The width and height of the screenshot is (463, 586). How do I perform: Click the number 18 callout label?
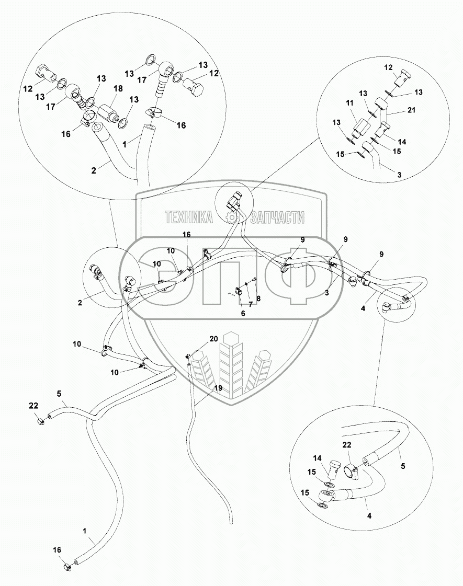click(118, 88)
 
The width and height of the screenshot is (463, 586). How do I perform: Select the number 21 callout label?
click(411, 110)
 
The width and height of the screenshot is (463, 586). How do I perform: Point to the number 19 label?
click(218, 388)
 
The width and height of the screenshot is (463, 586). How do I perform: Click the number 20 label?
click(213, 339)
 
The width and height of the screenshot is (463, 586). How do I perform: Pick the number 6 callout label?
click(243, 314)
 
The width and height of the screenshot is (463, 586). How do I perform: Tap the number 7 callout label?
click(251, 305)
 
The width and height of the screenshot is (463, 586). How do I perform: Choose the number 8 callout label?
click(258, 298)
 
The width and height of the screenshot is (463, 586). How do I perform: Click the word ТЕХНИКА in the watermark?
click(189, 217)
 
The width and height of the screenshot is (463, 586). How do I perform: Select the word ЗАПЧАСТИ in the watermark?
click(277, 217)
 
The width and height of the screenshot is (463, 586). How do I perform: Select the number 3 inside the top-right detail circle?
click(399, 175)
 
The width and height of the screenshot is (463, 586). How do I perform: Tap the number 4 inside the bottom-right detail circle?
click(369, 515)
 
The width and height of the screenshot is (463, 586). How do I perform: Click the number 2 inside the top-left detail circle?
click(94, 170)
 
